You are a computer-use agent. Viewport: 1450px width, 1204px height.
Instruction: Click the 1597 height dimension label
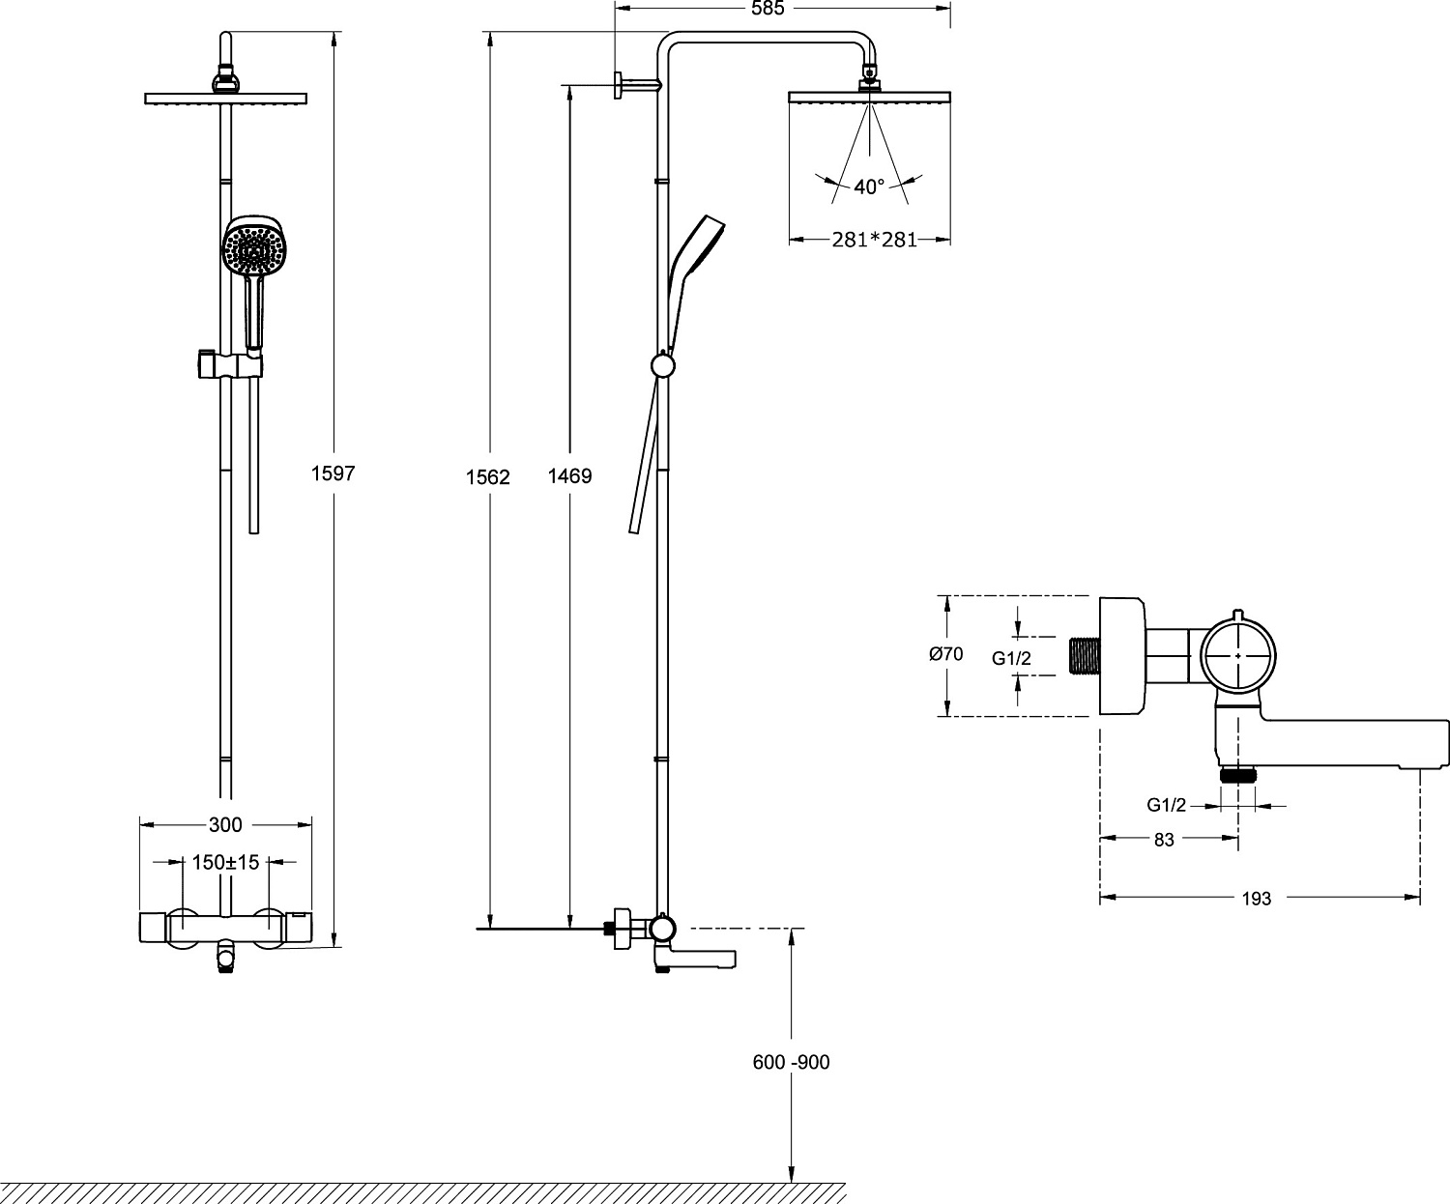tap(333, 473)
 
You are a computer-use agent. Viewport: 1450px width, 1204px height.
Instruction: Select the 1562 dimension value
tap(488, 476)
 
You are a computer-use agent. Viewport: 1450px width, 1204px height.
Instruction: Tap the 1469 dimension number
tap(569, 476)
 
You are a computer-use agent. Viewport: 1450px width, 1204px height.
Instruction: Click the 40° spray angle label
tap(869, 186)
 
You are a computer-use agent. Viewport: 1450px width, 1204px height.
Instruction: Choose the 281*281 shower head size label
tap(874, 240)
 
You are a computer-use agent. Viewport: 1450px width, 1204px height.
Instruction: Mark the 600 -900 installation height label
tap(791, 1062)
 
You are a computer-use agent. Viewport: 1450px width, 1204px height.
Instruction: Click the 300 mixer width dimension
tap(225, 825)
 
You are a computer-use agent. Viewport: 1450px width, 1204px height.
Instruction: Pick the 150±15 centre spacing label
tap(225, 862)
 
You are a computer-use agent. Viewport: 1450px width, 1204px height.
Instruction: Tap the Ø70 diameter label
tap(945, 654)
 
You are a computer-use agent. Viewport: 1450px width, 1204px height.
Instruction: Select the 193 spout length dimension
tap(1256, 899)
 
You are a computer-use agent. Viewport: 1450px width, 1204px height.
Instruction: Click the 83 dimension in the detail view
tap(1164, 840)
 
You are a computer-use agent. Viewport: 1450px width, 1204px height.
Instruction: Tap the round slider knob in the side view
tap(663, 366)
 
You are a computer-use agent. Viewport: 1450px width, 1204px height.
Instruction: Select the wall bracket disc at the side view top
tap(616, 85)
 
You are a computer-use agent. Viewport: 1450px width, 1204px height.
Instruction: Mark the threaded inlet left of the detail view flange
tap(1085, 655)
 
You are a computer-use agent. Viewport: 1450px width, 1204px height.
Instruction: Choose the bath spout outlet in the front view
tap(225, 960)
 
